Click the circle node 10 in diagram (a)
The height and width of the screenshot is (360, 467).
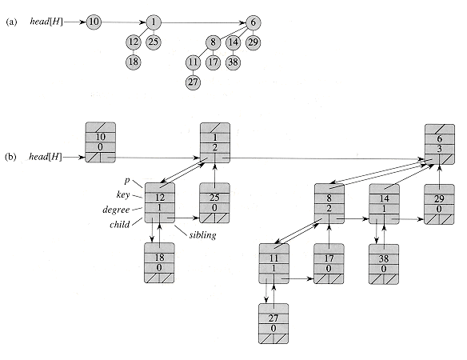(x=94, y=22)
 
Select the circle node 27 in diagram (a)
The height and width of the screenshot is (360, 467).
(x=194, y=82)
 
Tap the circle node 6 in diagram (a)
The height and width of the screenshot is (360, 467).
(x=253, y=22)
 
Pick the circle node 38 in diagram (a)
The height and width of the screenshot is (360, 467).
(x=233, y=62)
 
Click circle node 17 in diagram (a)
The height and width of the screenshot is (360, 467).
(x=214, y=62)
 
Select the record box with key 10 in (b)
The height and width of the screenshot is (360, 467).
(x=101, y=143)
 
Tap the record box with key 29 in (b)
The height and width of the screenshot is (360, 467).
(x=439, y=203)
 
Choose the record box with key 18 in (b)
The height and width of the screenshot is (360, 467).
(x=159, y=263)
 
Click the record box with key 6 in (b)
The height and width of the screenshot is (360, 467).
(x=439, y=143)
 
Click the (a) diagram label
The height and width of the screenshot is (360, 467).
(x=10, y=22)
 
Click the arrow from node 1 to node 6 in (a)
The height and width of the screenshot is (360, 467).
(x=203, y=22)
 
